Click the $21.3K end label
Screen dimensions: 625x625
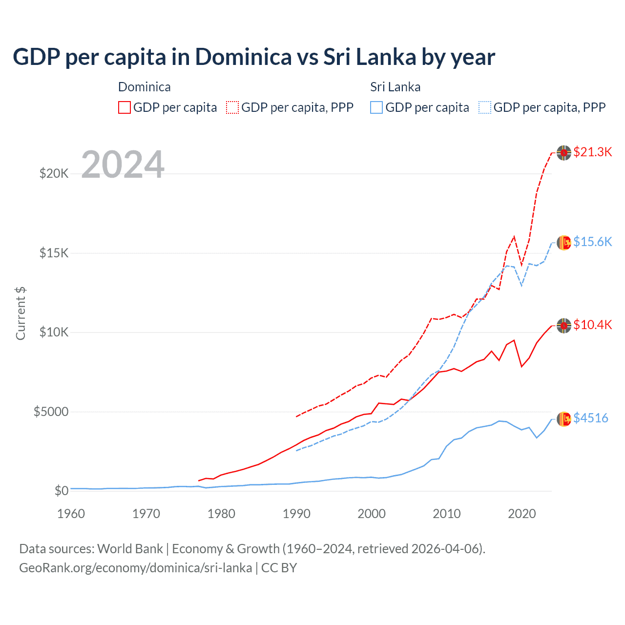(592, 152)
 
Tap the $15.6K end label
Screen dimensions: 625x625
(592, 242)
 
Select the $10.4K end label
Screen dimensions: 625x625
(592, 325)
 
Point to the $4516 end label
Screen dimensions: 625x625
(590, 418)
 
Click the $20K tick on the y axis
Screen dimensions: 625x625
(54, 173)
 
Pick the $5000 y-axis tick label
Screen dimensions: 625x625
(51, 412)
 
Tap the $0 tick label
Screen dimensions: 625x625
(61, 491)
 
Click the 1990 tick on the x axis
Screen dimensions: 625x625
(296, 514)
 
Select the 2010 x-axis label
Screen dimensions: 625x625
(447, 514)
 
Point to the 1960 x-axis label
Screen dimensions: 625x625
(71, 514)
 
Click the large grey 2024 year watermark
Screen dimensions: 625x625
(123, 165)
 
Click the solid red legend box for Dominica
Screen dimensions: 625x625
(125, 107)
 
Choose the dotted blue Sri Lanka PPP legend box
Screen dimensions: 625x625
(485, 107)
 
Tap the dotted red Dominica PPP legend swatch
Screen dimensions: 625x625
(232, 107)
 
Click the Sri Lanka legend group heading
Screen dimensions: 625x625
(395, 87)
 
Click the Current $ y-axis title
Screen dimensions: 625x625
(21, 313)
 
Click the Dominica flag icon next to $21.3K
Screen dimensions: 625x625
(564, 153)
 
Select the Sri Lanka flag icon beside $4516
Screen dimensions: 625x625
(564, 419)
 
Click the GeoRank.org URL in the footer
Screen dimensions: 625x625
(136, 568)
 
